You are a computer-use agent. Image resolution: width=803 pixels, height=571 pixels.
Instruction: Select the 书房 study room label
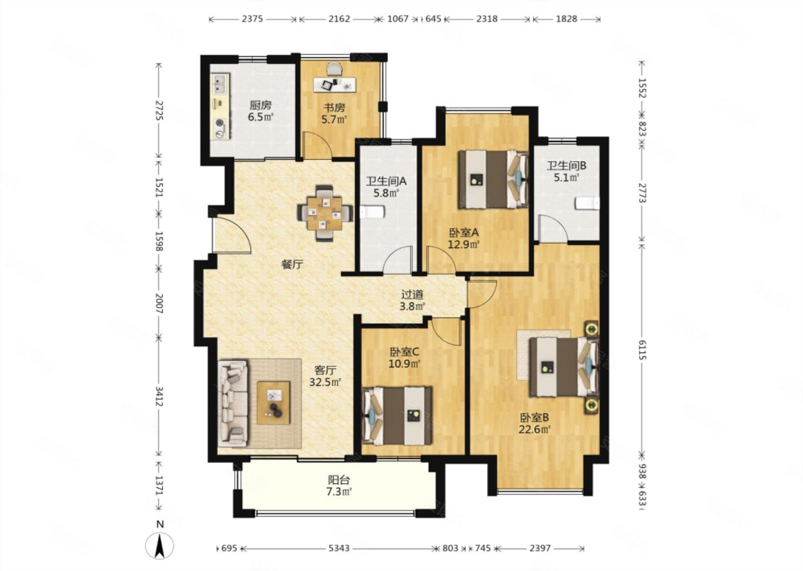click(x=334, y=108)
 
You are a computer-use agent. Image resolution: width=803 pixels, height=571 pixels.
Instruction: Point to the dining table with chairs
click(x=325, y=213)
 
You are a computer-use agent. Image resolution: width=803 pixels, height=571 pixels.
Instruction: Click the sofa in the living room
click(x=233, y=404)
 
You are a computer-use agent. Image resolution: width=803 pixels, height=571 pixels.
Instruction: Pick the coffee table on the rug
click(x=273, y=403)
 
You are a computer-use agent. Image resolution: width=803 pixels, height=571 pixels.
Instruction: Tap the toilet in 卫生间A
click(x=372, y=212)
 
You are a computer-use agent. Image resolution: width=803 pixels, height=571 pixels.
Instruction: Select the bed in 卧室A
click(x=494, y=179)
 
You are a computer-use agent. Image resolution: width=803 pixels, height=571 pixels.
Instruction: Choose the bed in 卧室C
click(x=397, y=416)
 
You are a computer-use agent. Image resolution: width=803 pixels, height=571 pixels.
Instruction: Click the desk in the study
click(x=335, y=85)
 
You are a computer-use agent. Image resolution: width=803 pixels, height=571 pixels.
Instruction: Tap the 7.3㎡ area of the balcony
click(x=339, y=491)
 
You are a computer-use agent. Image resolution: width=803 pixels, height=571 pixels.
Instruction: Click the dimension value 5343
click(x=339, y=548)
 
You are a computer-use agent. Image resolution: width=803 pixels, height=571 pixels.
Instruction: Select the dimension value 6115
click(x=641, y=350)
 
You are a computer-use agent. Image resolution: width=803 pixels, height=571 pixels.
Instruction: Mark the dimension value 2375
click(x=253, y=18)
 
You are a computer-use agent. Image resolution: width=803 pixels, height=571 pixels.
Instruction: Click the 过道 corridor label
click(x=412, y=294)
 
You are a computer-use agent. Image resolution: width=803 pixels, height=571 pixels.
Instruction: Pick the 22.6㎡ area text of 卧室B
click(x=534, y=429)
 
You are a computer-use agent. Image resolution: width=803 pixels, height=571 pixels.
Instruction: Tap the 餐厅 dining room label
click(x=292, y=264)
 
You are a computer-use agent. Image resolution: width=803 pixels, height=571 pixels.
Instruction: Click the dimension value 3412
click(x=159, y=396)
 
